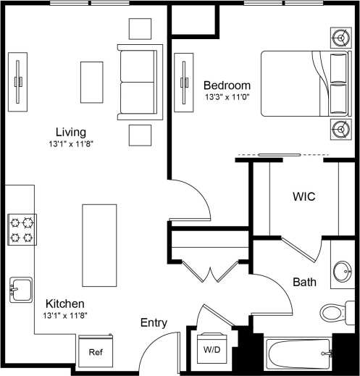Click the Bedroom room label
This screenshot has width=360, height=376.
[x=227, y=84]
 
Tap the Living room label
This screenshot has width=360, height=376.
[x=71, y=132]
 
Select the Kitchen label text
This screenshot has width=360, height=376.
[x=65, y=303]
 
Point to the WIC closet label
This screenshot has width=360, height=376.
[x=304, y=196]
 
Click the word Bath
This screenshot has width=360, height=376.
[x=303, y=281]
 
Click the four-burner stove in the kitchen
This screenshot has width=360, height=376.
[x=21, y=230]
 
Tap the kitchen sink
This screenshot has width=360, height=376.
[x=20, y=290]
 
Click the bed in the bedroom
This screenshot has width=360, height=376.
[x=303, y=83]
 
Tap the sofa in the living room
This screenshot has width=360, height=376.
[x=141, y=81]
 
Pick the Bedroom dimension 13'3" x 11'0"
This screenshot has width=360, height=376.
[x=227, y=96]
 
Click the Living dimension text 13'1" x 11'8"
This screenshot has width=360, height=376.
[x=71, y=144]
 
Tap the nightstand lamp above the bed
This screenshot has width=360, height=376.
[x=340, y=35]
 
